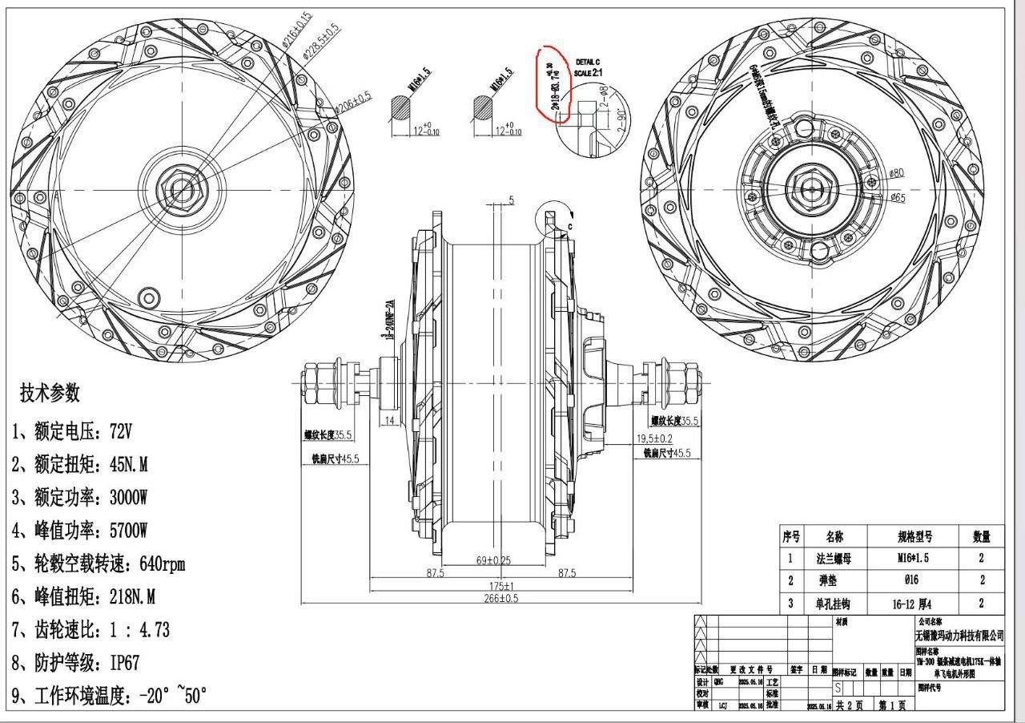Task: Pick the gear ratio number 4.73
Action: click(154, 630)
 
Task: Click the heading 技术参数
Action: click(50, 394)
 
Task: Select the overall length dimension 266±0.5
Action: click(501, 599)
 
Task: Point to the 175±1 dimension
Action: click(501, 586)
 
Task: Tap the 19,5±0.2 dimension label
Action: click(654, 438)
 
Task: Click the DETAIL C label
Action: click(587, 62)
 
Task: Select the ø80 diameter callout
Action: click(896, 173)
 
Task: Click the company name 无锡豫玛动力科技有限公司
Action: click(959, 635)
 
